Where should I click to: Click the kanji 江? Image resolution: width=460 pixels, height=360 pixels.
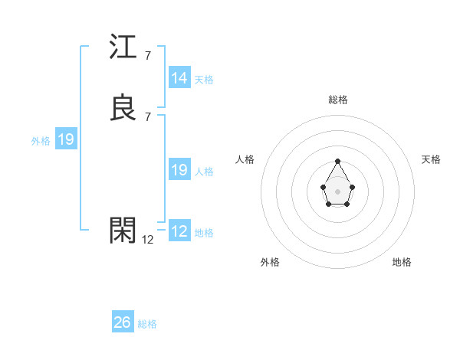click(123, 50)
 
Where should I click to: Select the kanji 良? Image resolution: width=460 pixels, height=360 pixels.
click(123, 108)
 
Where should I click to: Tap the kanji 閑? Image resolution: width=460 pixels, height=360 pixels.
click(123, 231)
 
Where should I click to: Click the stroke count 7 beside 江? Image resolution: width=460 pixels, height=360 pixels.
click(147, 56)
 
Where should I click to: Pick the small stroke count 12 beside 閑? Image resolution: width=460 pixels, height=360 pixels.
click(148, 239)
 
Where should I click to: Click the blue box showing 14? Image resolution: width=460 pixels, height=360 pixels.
click(179, 78)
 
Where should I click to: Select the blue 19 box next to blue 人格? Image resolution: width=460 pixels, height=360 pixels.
click(179, 170)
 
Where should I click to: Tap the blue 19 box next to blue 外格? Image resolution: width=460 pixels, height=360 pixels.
click(66, 139)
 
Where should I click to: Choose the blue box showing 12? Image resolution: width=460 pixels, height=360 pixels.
click(179, 231)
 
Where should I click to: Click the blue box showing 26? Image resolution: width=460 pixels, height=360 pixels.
click(123, 322)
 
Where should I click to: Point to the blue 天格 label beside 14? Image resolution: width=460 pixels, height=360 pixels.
click(204, 79)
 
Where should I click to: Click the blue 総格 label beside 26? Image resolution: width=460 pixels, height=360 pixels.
click(147, 324)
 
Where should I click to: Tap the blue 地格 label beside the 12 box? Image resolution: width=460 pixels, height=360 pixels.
click(204, 232)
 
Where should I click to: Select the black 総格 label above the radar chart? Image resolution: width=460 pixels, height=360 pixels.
click(338, 100)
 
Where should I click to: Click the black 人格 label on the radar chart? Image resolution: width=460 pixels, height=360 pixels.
click(245, 159)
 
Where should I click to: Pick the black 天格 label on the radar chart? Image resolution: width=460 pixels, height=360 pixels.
click(431, 159)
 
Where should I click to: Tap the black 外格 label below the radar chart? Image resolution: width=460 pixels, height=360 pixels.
click(270, 262)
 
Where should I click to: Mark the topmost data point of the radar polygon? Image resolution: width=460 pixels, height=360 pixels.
click(337, 161)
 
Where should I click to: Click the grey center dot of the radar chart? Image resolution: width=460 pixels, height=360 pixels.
click(337, 190)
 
